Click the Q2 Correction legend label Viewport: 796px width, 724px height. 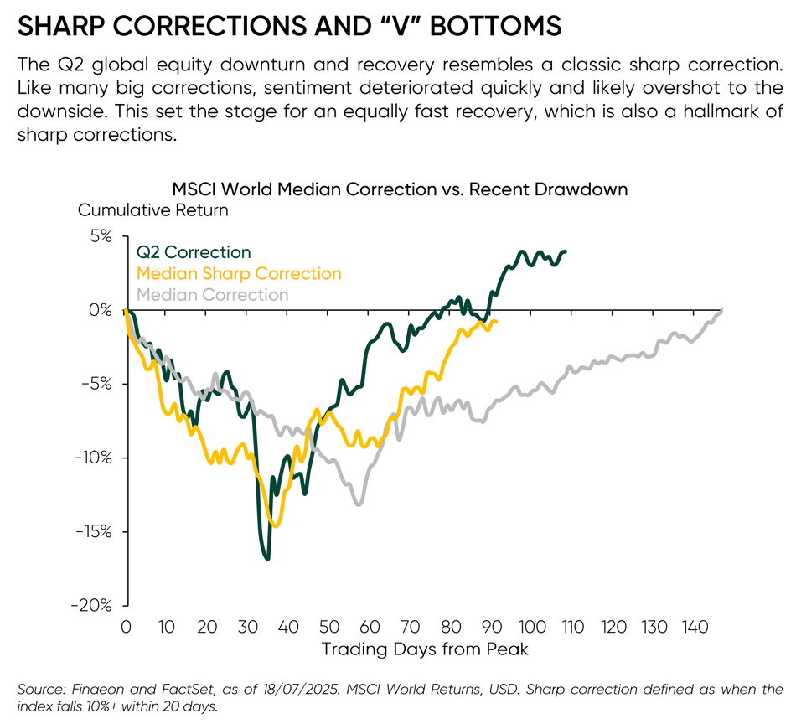(194, 252)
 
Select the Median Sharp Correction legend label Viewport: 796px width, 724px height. (239, 274)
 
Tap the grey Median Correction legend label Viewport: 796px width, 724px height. (212, 295)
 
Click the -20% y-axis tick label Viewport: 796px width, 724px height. (93, 605)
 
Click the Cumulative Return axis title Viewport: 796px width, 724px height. (152, 210)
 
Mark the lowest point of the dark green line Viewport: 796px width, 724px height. (267, 559)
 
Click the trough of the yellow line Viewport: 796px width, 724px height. (277, 526)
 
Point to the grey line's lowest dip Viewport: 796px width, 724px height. (359, 504)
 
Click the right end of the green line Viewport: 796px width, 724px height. (566, 251)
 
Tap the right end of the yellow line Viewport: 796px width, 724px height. (497, 322)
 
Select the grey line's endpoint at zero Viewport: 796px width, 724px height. (721, 311)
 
